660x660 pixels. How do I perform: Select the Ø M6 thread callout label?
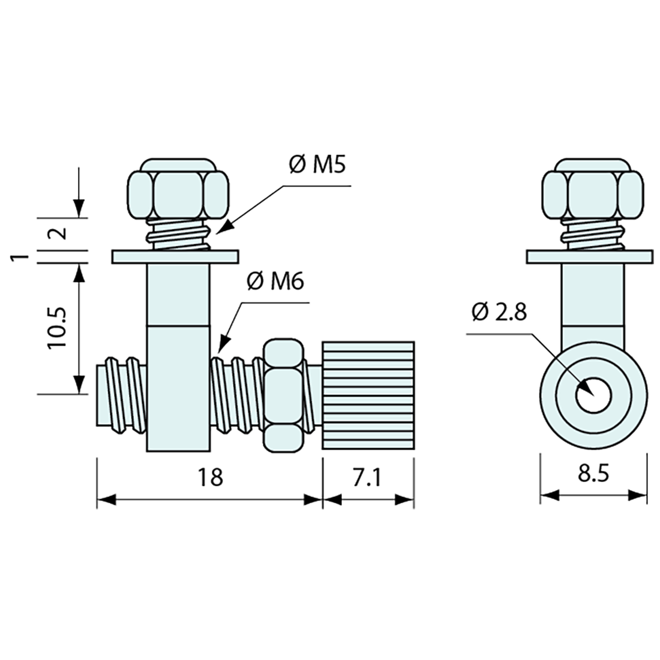275,281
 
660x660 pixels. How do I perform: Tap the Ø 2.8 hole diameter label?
499,312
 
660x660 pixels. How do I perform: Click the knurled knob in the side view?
368,395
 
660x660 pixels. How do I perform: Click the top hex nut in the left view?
178,191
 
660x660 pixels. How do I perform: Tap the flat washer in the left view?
174,257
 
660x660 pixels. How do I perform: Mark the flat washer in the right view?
587,257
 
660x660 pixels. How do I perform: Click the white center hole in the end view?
593,396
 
